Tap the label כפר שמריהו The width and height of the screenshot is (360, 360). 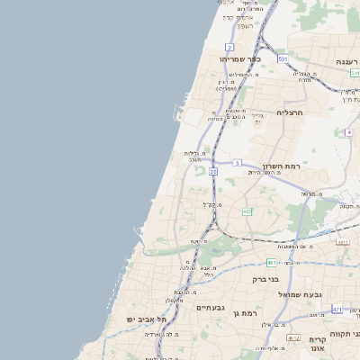click(239, 59)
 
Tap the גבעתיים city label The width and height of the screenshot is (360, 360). click(210, 307)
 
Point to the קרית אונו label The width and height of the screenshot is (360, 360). click(317, 345)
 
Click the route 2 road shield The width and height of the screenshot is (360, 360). click(229, 47)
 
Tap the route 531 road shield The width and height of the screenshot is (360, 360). click(283, 58)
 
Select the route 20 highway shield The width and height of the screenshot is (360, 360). click(213, 170)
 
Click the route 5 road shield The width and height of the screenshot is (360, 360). click(237, 163)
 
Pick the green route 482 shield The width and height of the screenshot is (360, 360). click(247, 211)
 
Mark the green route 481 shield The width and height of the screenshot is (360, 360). click(270, 263)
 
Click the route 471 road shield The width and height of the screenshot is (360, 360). click(337, 310)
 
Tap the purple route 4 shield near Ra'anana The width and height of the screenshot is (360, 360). click(348, 132)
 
